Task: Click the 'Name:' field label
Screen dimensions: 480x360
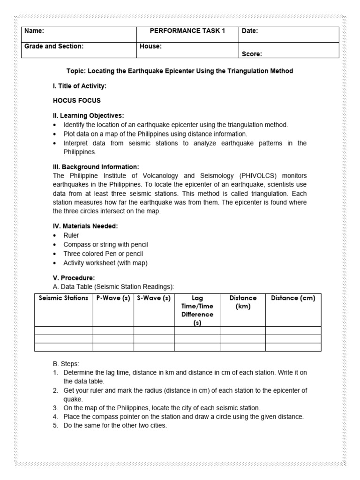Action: point(34,31)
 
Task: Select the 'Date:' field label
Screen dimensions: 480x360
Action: point(250,31)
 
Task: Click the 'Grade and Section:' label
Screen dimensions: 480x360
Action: point(54,46)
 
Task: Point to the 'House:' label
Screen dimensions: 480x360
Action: point(150,46)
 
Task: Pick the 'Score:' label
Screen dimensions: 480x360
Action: point(252,54)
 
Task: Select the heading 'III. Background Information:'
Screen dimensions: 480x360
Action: point(96,167)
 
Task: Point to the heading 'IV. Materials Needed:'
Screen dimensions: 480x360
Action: point(85,226)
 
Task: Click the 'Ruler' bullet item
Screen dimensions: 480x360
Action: point(71,235)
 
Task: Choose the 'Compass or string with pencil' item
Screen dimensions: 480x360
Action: point(105,245)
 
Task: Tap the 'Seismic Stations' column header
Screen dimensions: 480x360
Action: point(63,298)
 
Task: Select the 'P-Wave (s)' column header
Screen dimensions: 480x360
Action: point(113,298)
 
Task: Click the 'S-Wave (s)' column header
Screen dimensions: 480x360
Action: point(154,298)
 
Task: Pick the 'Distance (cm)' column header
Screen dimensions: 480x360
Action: point(293,298)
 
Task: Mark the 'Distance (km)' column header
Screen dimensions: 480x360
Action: point(243,302)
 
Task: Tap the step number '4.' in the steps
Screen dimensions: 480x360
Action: point(55,417)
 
